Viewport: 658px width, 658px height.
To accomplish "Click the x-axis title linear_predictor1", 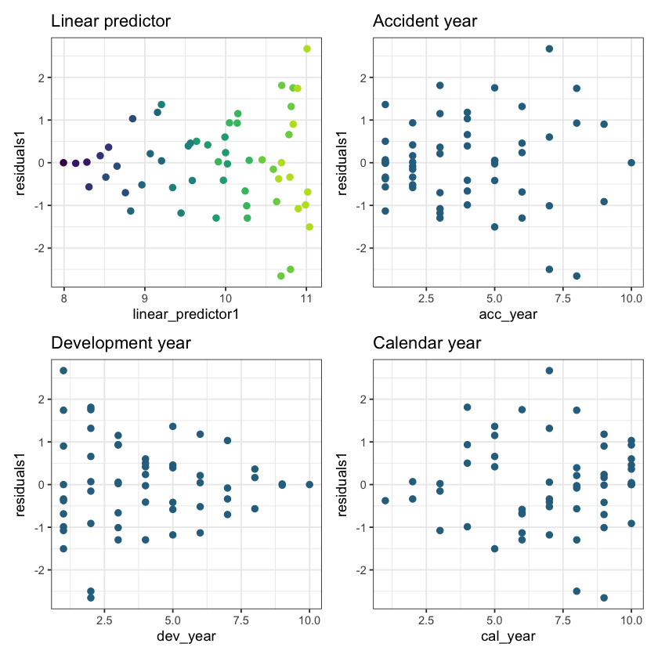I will (x=185, y=315).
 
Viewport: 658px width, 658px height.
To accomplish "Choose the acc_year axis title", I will (x=508, y=315).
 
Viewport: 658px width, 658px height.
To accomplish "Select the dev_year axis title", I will (x=186, y=636).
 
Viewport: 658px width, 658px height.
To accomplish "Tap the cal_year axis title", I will (x=508, y=636).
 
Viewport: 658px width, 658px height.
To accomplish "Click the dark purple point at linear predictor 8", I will (x=63, y=162).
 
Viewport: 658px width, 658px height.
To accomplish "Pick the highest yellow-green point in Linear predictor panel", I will (x=307, y=49).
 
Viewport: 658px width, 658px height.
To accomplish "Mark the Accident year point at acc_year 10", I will (x=631, y=162).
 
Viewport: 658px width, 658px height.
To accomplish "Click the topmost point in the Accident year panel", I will (x=549, y=49).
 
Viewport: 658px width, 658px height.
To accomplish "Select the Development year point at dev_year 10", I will (x=309, y=484).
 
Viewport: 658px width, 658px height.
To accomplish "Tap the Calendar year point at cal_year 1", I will (x=385, y=501).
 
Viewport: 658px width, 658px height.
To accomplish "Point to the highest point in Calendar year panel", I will (x=549, y=371).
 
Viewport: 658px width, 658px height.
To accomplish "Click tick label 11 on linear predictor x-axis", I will (x=306, y=298).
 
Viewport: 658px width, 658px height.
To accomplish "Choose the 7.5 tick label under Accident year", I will (x=563, y=298).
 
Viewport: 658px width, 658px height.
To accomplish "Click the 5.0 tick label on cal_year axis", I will (x=494, y=620).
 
